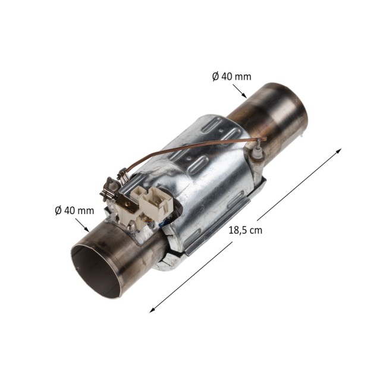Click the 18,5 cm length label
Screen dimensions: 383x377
click(x=245, y=230)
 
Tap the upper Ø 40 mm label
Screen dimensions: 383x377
click(x=231, y=77)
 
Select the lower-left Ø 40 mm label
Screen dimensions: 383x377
click(x=74, y=211)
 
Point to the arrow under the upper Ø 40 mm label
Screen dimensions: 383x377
click(x=240, y=91)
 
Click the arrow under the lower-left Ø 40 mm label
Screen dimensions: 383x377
click(x=82, y=225)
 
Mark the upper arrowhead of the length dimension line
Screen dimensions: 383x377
click(x=339, y=150)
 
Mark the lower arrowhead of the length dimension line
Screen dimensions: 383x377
click(x=152, y=310)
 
